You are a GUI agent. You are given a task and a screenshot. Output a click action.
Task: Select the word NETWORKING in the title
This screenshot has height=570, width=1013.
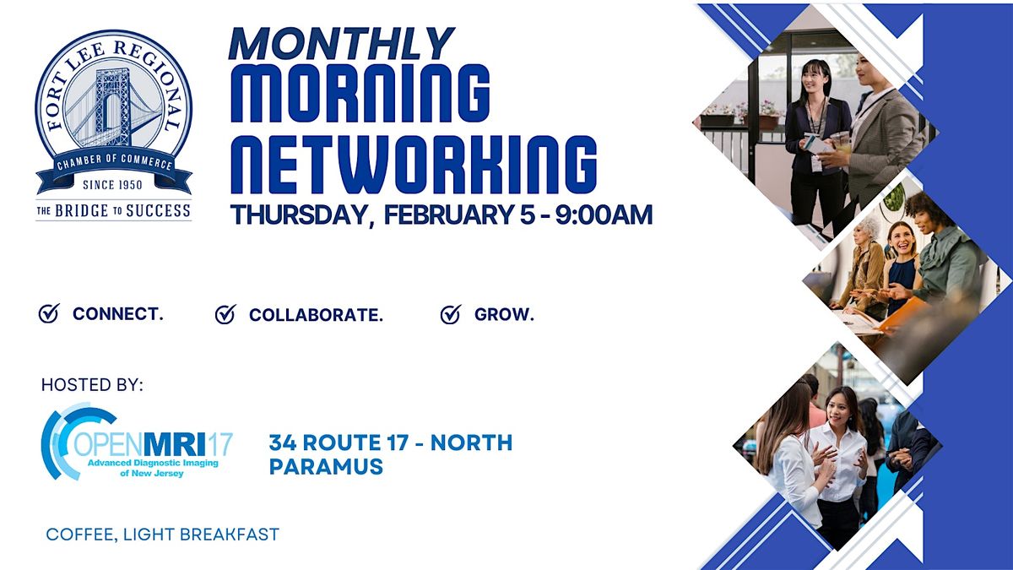(x=414, y=162)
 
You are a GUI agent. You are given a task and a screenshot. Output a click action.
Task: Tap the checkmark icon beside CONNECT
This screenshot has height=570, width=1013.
(x=49, y=314)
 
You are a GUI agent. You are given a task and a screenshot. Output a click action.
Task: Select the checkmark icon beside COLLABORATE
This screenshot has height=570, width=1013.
(x=225, y=315)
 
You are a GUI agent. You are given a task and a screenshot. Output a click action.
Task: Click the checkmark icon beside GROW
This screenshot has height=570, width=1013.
(x=451, y=315)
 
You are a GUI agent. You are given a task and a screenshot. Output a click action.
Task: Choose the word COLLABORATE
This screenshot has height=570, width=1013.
(x=316, y=315)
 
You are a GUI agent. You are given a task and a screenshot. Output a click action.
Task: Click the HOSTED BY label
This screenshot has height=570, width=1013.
(x=92, y=385)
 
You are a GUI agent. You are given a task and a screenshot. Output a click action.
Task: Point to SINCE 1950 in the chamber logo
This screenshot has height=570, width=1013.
(x=113, y=183)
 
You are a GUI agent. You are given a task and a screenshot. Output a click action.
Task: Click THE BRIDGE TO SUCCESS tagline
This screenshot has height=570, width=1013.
(x=113, y=210)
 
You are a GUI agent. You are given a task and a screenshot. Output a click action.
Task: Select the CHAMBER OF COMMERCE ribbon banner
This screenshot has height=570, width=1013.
(x=113, y=163)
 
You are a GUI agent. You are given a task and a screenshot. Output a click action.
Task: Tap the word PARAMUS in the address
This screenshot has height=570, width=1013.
(x=326, y=466)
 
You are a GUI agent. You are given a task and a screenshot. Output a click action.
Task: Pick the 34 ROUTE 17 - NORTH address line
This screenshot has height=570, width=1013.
(x=390, y=442)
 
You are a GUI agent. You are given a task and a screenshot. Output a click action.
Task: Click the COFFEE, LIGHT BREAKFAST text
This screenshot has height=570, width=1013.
(x=162, y=535)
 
